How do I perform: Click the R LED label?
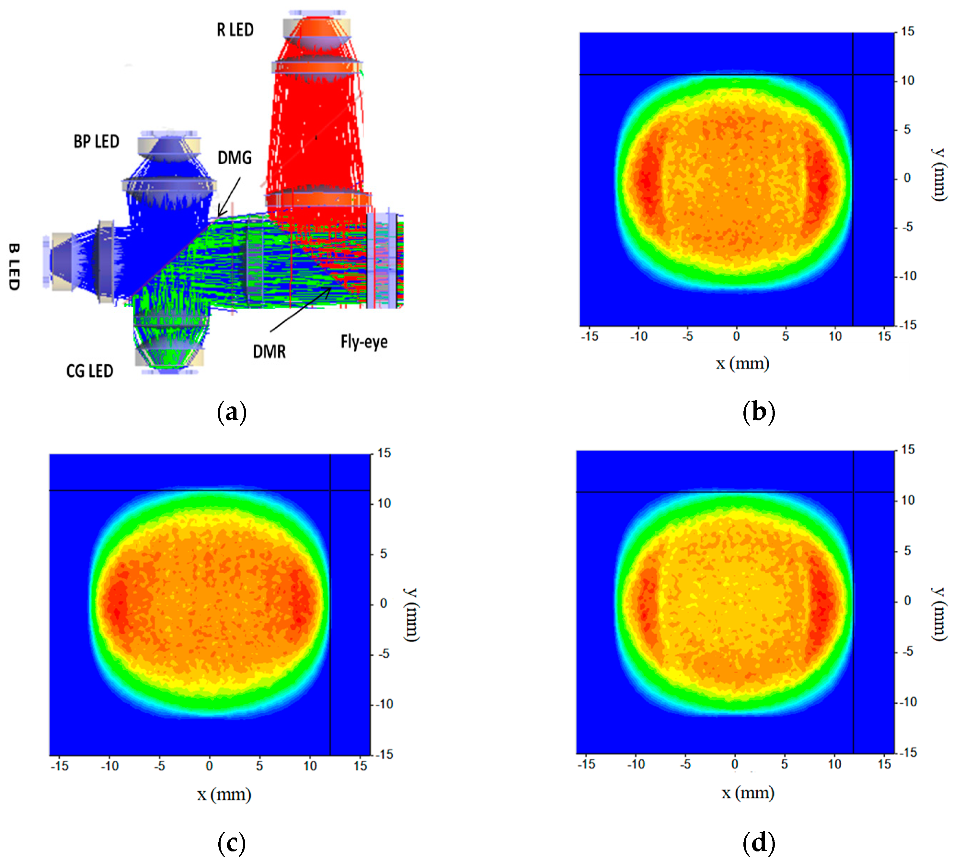[235, 30]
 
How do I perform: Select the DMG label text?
[235, 158]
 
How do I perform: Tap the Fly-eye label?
[364, 342]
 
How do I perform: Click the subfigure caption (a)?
[232, 412]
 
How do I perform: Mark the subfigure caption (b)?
[758, 412]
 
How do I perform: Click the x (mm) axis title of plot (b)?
[742, 363]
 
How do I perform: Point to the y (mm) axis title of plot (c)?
[411, 615]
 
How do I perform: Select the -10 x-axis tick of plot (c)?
[110, 766]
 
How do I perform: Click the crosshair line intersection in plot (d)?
[853, 492]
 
